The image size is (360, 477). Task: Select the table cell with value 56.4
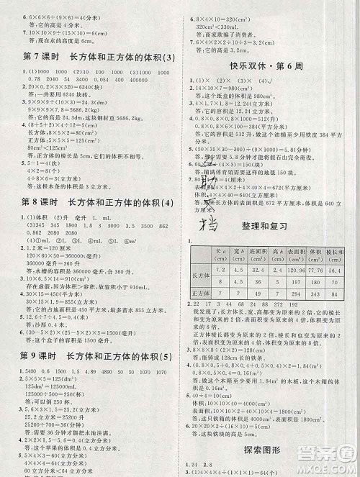click(x=334, y=270)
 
